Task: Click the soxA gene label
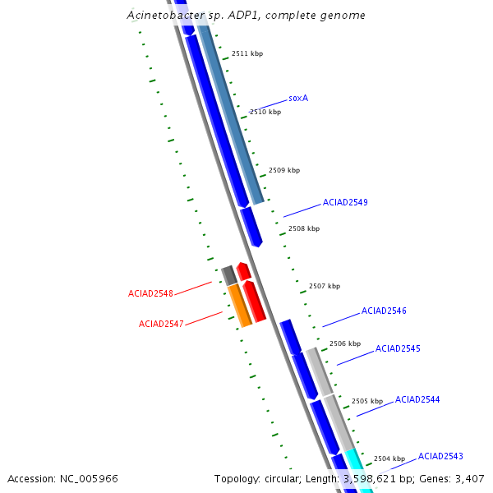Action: [x=298, y=98]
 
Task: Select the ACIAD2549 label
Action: [x=345, y=202]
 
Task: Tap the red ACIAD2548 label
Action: [x=150, y=294]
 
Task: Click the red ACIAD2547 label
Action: [x=161, y=324]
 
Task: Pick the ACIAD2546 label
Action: [x=384, y=311]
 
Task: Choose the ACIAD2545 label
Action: [x=398, y=349]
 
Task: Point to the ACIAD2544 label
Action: [x=417, y=400]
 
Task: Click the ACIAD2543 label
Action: [x=440, y=456]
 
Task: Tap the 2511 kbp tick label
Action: [x=247, y=53]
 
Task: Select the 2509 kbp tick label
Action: [x=284, y=171]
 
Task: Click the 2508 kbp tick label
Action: [x=304, y=229]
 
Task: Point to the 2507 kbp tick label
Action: [x=325, y=287]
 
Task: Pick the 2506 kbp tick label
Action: [x=345, y=343]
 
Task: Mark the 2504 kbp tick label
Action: [x=389, y=458]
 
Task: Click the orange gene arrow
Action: [x=239, y=305]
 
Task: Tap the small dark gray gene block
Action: [x=229, y=275]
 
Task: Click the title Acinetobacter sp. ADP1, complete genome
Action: [x=246, y=16]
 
